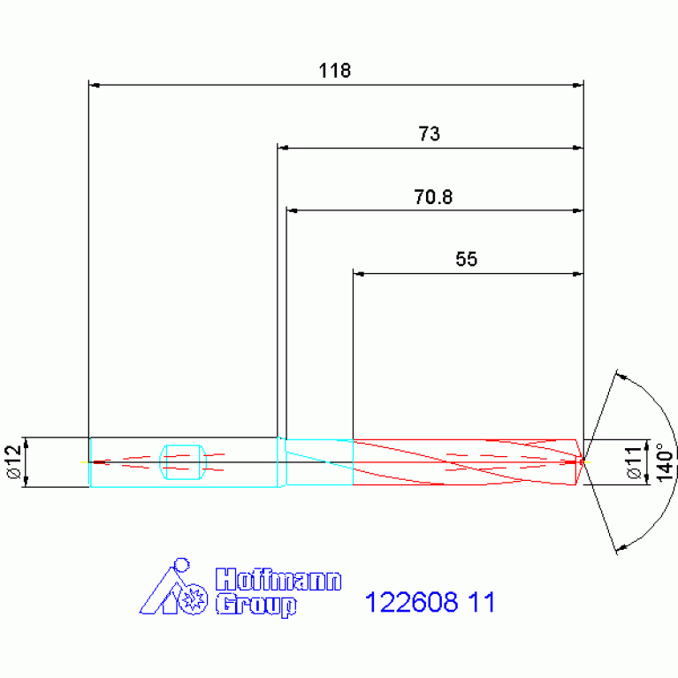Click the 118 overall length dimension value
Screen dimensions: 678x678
click(x=335, y=71)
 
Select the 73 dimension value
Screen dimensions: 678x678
click(x=429, y=133)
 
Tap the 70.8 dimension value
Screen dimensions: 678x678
click(x=433, y=197)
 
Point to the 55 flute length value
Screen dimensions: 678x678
click(x=467, y=259)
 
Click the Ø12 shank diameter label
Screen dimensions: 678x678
click(x=14, y=461)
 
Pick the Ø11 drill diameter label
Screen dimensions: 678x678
click(x=635, y=462)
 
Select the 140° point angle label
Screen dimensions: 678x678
click(x=665, y=461)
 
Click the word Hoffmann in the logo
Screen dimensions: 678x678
click(x=278, y=579)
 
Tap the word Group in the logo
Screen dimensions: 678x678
click(x=256, y=605)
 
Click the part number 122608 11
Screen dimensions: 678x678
click(x=430, y=602)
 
